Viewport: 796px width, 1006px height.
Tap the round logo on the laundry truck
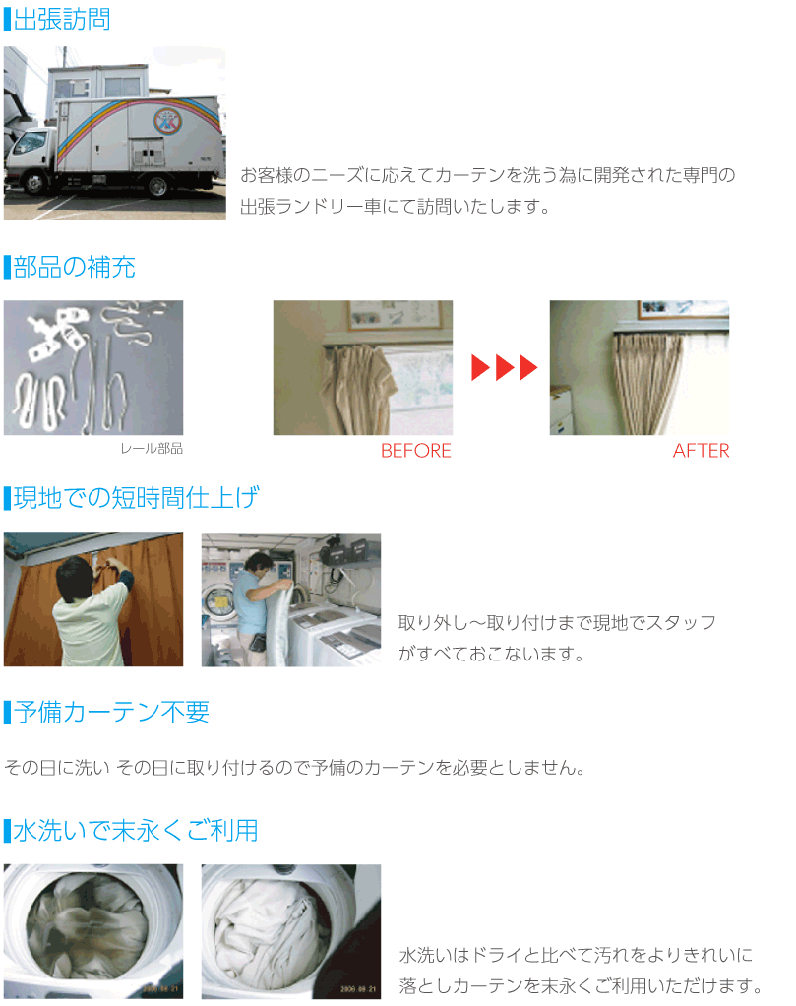[166, 121]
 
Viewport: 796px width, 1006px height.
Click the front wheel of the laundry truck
[34, 182]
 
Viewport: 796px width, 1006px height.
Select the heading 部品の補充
[75, 267]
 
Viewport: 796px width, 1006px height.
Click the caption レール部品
[151, 449]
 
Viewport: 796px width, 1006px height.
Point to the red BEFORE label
[415, 451]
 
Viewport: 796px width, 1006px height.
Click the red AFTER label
[701, 451]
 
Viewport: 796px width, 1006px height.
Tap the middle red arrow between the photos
[504, 369]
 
